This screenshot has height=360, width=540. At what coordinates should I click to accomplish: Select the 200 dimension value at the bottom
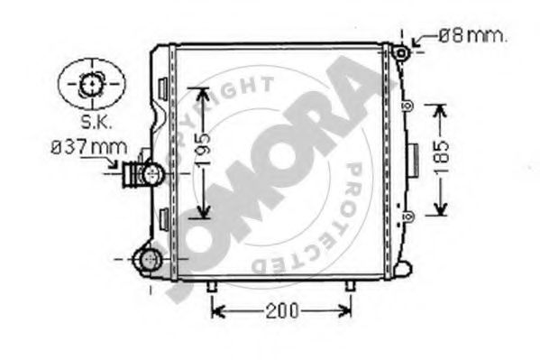click(281, 310)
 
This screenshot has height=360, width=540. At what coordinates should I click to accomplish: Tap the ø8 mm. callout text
click(472, 36)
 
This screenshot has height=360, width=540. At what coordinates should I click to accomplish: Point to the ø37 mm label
click(89, 147)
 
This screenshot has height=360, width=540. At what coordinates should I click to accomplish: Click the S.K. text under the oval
click(96, 122)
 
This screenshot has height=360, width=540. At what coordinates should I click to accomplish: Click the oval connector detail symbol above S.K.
click(92, 84)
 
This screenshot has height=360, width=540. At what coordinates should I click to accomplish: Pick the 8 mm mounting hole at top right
click(401, 53)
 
